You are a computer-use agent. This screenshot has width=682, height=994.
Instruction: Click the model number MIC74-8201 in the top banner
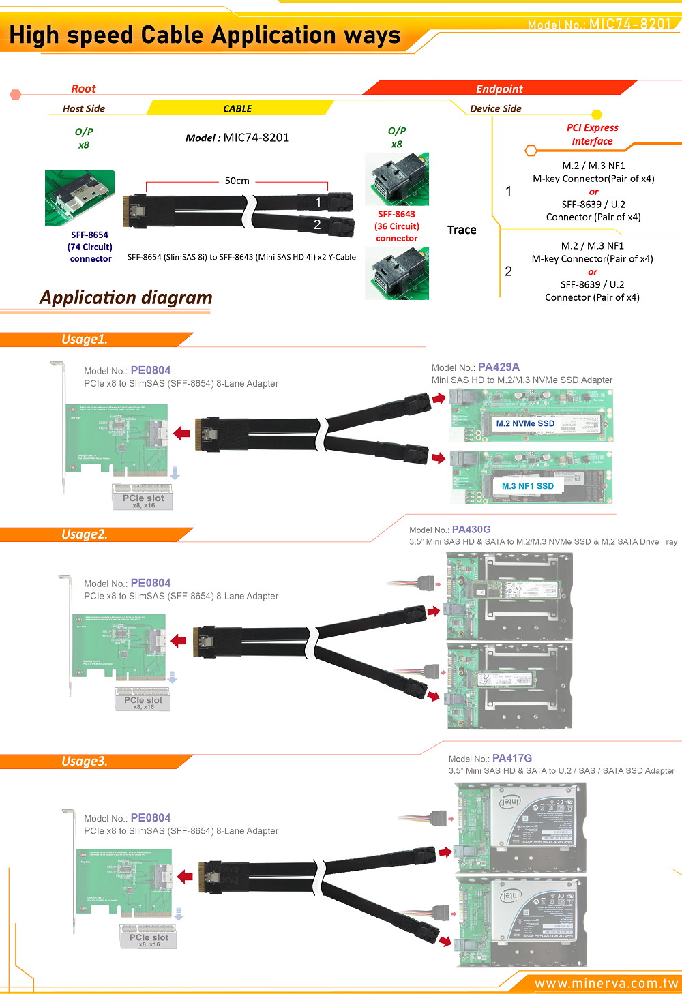pos(630,25)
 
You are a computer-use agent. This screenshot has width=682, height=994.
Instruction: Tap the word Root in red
pos(83,89)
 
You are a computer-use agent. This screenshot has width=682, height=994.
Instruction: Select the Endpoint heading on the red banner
pos(499,89)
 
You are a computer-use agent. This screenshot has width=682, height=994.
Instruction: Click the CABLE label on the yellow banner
pos(237,108)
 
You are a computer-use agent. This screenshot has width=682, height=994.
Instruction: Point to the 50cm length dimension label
pos(237,181)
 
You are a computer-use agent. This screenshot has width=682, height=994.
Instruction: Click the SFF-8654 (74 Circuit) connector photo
pos(80,198)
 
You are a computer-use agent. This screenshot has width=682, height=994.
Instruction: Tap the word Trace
pos(462,230)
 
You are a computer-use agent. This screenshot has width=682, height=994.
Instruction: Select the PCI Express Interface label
pos(592,134)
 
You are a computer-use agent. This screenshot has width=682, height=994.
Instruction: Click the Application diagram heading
pos(126,298)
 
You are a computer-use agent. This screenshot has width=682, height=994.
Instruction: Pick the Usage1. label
pos(85,339)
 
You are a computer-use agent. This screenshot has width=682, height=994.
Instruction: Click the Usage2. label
pos(85,534)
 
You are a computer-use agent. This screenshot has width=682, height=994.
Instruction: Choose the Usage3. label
pos(85,762)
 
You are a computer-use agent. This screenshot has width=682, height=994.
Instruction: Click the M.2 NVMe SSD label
pos(525,423)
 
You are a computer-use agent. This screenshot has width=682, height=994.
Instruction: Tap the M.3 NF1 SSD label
pos(528,486)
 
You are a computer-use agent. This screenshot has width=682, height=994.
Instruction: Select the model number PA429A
pos(499,367)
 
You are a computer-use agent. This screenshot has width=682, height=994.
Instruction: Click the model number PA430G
pos(471,530)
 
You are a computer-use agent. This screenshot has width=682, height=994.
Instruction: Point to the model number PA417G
pos(512,758)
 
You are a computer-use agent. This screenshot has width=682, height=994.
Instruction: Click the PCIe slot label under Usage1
pos(143,498)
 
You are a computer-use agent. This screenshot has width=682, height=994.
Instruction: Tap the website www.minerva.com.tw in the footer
pos(606,983)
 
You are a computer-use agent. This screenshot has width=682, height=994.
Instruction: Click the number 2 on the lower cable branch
pos(317,224)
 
